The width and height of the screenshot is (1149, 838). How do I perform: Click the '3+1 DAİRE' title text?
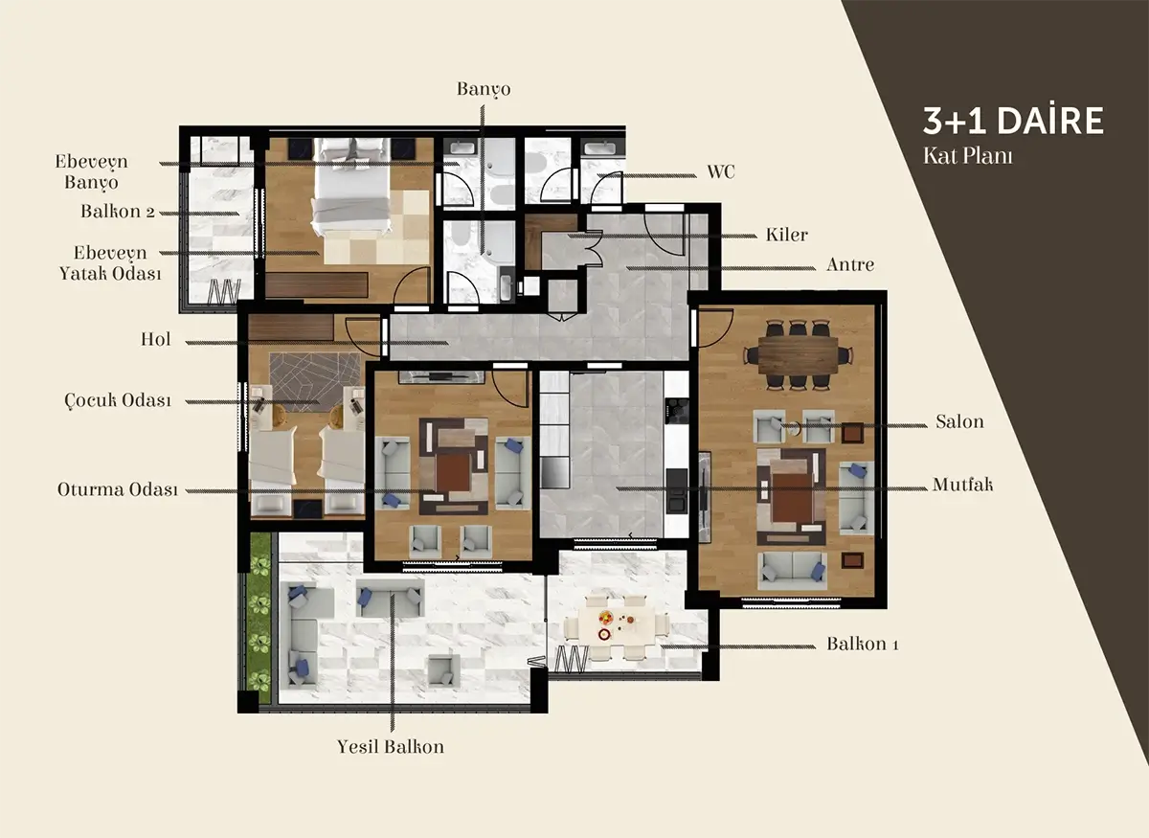pyautogui.click(x=1013, y=121)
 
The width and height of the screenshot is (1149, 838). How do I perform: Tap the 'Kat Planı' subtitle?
pyautogui.click(x=967, y=156)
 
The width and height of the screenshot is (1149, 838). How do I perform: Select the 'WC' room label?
pyautogui.click(x=721, y=171)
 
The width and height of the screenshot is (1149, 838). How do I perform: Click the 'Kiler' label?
pyautogui.click(x=786, y=235)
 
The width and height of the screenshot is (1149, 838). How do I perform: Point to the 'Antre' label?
pyautogui.click(x=850, y=264)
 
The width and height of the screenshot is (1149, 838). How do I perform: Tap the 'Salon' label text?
pyautogui.click(x=959, y=421)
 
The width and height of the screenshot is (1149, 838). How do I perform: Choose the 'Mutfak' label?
pyautogui.click(x=962, y=485)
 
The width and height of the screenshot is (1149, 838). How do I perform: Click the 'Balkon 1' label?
pyautogui.click(x=863, y=644)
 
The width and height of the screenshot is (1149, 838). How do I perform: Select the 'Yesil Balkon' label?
pyautogui.click(x=391, y=747)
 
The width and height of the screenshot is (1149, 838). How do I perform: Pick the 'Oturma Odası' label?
pyautogui.click(x=118, y=489)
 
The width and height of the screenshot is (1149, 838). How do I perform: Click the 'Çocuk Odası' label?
pyautogui.click(x=118, y=400)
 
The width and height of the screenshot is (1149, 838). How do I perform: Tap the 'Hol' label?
pyautogui.click(x=155, y=339)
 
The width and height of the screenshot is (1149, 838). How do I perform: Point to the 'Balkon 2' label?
pyautogui.click(x=118, y=212)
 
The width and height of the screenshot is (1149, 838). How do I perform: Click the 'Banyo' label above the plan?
pyautogui.click(x=484, y=89)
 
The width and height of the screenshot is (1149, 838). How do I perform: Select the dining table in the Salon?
pyautogui.click(x=798, y=354)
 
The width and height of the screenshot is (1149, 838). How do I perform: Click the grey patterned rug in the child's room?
pyautogui.click(x=314, y=381)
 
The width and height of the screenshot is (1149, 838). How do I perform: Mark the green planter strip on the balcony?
pyautogui.click(x=260, y=618)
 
